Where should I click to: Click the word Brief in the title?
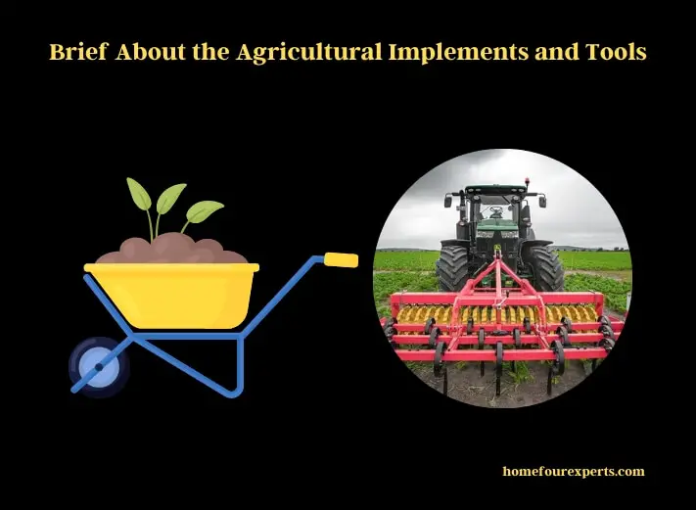point(78,52)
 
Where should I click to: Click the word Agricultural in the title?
point(309,53)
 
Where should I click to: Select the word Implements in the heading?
point(459,53)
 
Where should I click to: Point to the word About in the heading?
point(151,52)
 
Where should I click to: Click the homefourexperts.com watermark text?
point(574,472)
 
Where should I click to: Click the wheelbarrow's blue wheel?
point(99,367)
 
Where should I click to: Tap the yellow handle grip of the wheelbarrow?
point(341,260)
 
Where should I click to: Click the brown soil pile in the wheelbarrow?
point(171,250)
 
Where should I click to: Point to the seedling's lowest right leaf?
point(205,211)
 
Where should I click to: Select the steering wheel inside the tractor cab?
point(495,210)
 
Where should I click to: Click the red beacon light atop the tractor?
point(527,181)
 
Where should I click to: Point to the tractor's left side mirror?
point(448,202)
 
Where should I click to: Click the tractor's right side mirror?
point(542,202)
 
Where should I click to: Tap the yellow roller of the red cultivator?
point(496,314)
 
